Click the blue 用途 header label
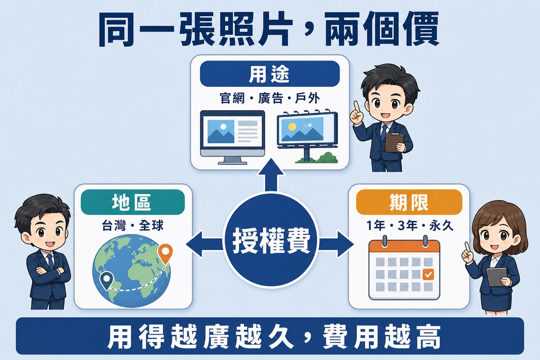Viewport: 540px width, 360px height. tap(270, 74)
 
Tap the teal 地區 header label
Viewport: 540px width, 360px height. tap(133, 202)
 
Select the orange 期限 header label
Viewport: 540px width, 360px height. tap(409, 202)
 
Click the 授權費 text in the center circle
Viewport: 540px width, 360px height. tap(271, 240)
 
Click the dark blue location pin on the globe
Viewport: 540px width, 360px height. tap(107, 281)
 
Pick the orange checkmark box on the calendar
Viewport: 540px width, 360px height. tap(428, 274)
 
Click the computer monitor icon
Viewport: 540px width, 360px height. tap(232, 137)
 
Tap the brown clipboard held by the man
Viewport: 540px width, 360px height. tap(394, 143)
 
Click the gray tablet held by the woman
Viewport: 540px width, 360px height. tap(496, 277)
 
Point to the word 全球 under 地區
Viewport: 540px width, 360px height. tap(151, 226)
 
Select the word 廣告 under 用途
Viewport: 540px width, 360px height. tap(270, 99)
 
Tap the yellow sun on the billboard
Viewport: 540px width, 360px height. tap(292, 126)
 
